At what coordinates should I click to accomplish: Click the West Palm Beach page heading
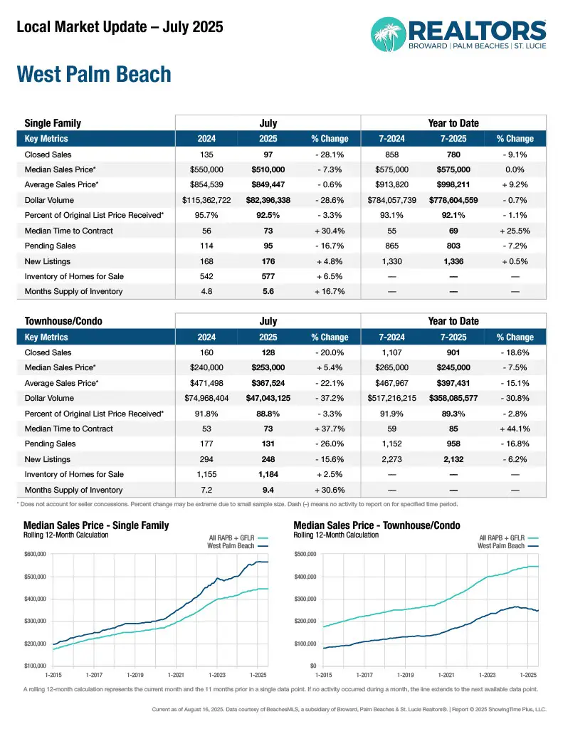[x=94, y=75]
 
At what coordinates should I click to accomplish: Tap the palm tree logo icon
[x=389, y=33]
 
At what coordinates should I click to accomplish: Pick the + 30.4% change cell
[x=330, y=231]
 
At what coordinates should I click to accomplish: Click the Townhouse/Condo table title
[x=63, y=321]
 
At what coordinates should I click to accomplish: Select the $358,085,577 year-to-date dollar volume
[x=453, y=398]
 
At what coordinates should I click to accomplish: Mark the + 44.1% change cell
[x=515, y=429]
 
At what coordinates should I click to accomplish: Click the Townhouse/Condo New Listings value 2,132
[x=453, y=459]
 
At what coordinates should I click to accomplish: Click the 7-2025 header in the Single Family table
[x=453, y=139]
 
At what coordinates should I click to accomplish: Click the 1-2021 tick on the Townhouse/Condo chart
[x=446, y=673]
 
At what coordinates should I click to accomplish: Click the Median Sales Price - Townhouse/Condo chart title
[x=377, y=525]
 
